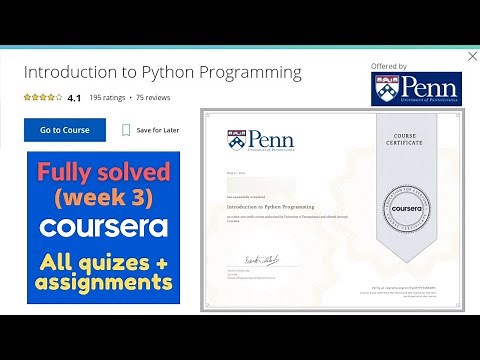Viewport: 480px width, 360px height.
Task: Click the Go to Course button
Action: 64,130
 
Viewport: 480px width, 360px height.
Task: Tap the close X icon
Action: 472,57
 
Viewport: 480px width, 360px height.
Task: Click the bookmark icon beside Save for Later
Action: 126,130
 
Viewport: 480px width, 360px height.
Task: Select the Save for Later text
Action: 158,130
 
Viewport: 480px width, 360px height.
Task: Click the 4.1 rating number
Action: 74,98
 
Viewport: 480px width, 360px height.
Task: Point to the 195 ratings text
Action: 108,98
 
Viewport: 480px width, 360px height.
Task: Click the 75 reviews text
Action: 153,98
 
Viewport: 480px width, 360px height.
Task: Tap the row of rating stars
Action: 42,98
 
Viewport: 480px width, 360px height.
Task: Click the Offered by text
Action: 389,67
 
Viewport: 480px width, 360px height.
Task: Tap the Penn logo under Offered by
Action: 412,89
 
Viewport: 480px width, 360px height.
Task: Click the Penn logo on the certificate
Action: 260,140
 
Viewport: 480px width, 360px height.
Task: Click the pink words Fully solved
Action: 104,172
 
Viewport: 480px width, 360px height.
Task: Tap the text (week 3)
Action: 104,198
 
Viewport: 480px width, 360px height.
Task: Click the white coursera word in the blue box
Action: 104,227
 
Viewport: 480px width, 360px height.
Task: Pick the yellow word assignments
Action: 104,284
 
